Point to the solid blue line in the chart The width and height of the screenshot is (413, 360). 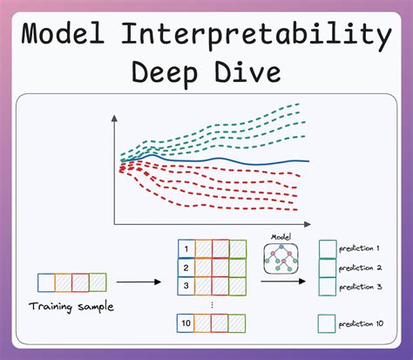tap(261, 163)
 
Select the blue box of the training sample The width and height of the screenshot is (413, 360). tap(45, 282)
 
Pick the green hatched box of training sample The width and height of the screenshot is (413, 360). tap(98, 282)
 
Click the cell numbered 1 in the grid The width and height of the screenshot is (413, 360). tap(185, 250)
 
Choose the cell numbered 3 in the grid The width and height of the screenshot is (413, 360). tap(185, 285)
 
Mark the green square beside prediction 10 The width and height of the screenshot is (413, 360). tap(327, 323)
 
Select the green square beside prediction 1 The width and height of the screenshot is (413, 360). tap(327, 248)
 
